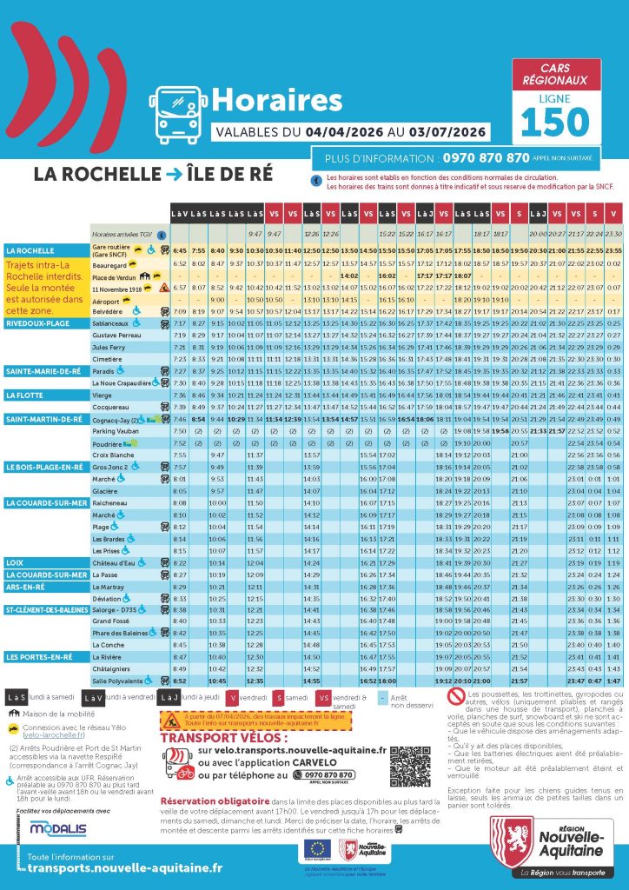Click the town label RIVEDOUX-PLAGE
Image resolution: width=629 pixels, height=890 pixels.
39,322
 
